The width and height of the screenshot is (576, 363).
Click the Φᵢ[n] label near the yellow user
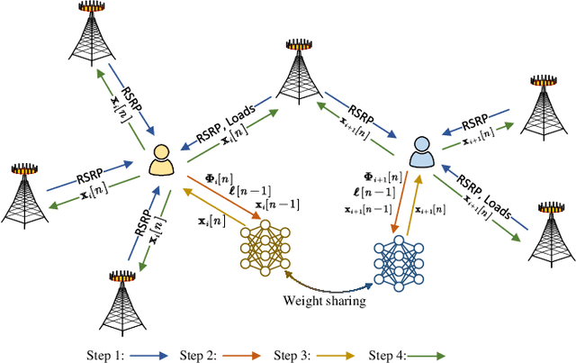(x=202, y=180)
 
